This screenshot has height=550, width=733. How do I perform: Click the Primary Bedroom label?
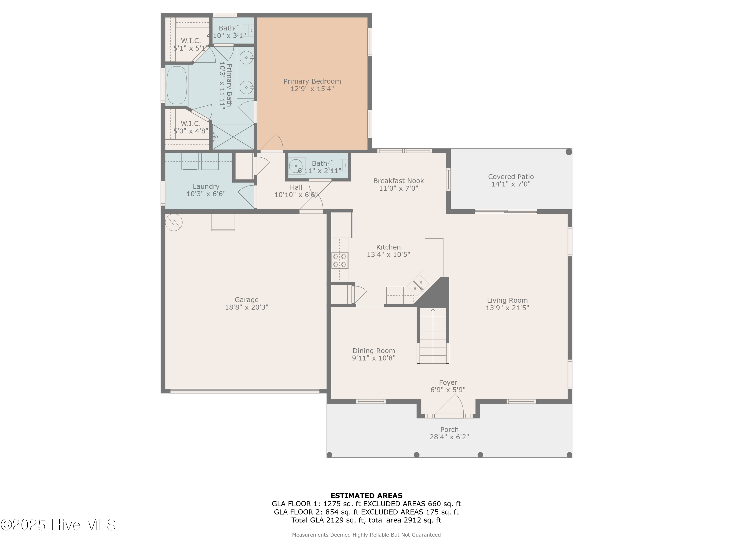(312, 81)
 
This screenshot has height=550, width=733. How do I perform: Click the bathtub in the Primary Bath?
(177, 85)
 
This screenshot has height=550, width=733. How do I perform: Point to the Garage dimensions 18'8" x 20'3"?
(247, 307)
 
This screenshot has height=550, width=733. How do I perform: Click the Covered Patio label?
(511, 177)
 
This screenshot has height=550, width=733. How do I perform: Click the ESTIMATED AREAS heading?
(366, 496)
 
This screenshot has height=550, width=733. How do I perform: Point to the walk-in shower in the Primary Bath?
(233, 137)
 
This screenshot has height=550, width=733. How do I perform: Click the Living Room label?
(507, 300)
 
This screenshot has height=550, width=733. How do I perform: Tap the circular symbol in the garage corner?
(174, 222)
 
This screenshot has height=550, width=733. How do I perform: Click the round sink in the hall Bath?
(295, 166)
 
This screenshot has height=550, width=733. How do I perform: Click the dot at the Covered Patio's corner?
(569, 152)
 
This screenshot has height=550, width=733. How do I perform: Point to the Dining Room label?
(373, 351)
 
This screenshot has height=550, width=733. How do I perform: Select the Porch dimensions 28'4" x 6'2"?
(449, 437)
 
